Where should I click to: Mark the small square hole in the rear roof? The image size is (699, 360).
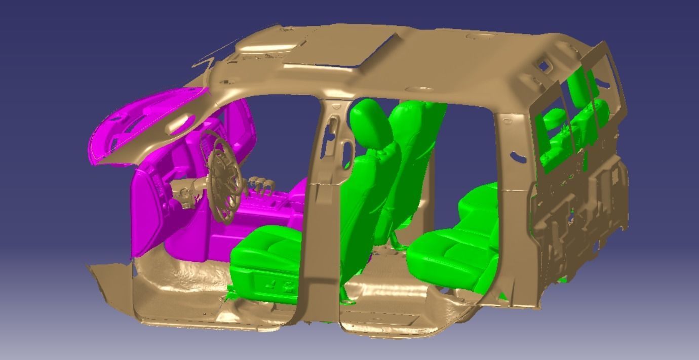pos(543,65)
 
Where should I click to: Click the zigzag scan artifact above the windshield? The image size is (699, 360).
pos(208,63)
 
